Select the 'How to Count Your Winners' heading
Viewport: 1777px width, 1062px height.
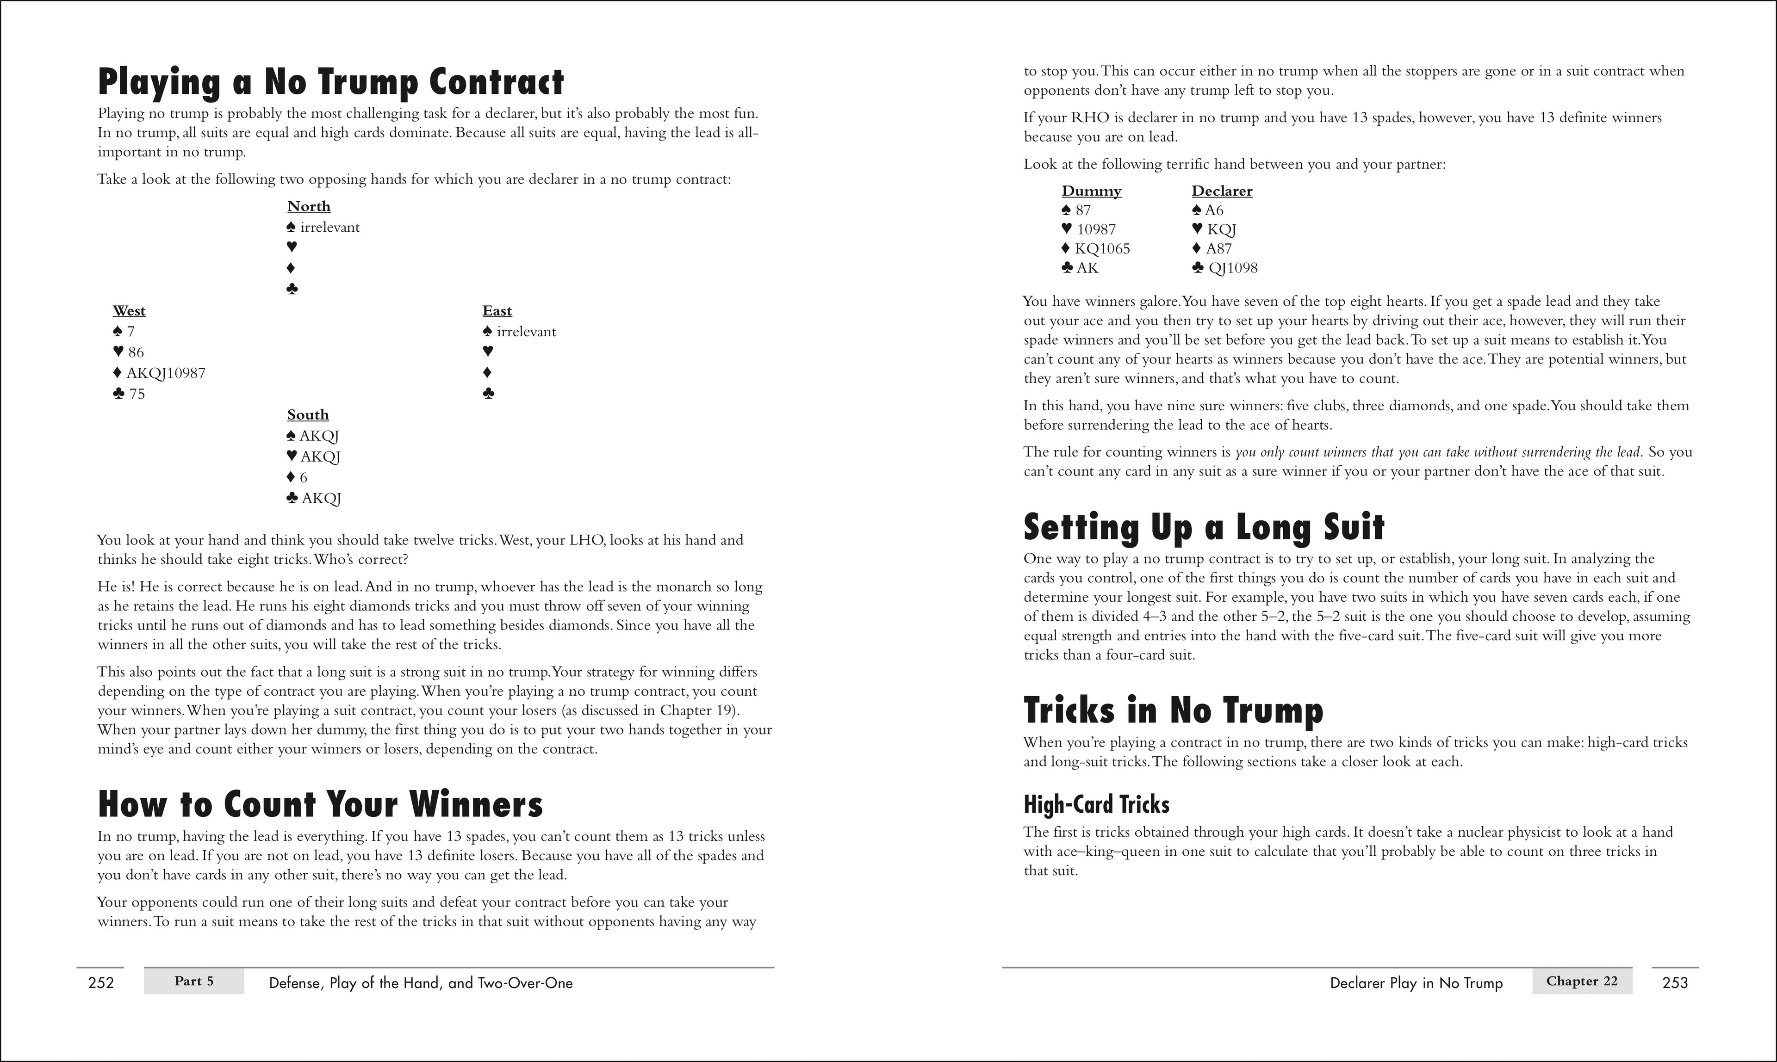320,804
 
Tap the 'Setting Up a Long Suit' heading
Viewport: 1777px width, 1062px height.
1204,527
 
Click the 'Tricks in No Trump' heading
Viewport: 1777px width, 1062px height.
1173,710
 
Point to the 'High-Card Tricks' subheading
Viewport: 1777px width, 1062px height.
1096,804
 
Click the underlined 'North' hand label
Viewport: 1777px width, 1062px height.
309,207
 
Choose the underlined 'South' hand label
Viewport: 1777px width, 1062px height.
308,415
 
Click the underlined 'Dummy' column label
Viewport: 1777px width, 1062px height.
1091,191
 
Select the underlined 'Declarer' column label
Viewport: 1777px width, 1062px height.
1221,191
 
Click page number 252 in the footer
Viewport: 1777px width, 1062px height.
101,982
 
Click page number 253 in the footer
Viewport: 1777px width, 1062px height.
1675,982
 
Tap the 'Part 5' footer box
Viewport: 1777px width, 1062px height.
194,981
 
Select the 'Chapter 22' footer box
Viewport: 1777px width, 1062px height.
1582,981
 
